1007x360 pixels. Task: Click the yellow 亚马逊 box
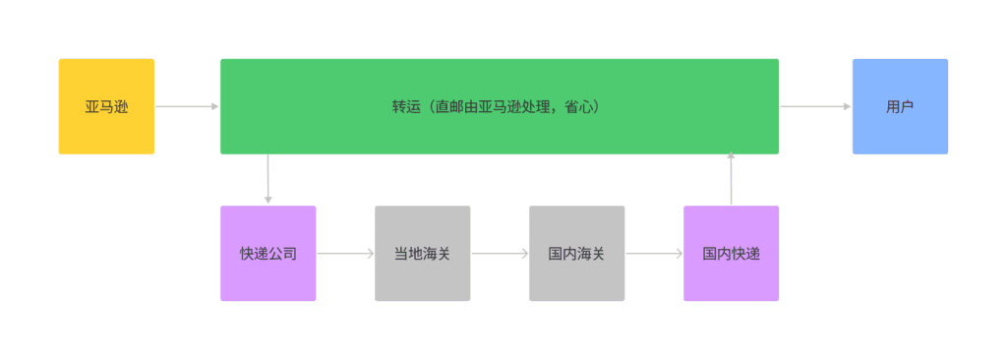(106, 106)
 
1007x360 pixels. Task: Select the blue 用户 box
(900, 106)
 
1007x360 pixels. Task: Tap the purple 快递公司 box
(267, 253)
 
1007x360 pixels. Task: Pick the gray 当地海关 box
(422, 253)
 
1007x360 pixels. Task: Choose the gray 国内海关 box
(576, 253)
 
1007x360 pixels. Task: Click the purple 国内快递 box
(731, 253)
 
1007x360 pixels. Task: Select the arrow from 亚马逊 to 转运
(187, 106)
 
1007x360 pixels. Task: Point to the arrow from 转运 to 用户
(815, 106)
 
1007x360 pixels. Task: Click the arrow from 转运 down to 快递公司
(267, 179)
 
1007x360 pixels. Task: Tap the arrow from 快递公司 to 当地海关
(345, 253)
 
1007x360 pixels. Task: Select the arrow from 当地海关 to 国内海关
(500, 253)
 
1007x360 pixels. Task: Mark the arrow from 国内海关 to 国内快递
(654, 253)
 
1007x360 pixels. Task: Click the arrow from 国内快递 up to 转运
(731, 179)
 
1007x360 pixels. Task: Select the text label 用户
(900, 106)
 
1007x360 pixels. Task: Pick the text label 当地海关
(422, 254)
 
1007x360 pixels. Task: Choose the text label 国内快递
(731, 254)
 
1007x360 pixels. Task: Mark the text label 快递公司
(267, 254)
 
